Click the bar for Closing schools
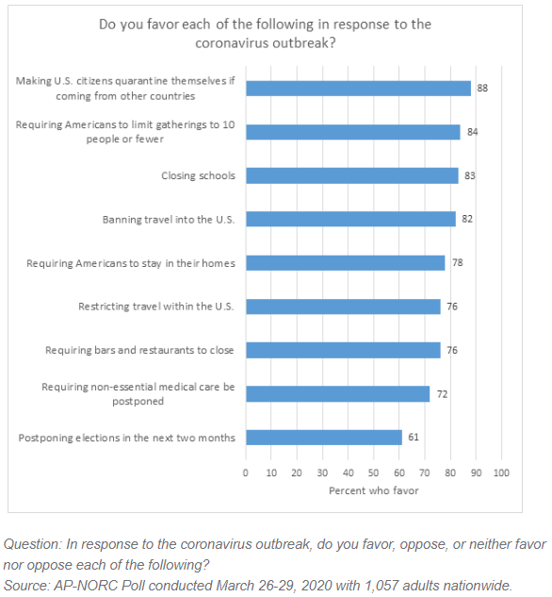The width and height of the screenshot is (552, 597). tap(352, 175)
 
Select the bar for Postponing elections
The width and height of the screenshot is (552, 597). tap(324, 437)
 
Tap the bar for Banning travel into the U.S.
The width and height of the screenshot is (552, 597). tap(351, 219)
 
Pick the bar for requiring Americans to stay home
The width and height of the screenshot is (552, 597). tap(346, 263)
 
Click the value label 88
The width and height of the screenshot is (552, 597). tap(482, 88)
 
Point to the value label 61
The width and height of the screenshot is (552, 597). tap(414, 437)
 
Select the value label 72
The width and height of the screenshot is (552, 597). tap(442, 394)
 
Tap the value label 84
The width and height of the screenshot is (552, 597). tap(472, 132)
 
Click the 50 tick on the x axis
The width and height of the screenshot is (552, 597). tap(373, 473)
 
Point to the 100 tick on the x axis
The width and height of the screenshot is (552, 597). tap(501, 473)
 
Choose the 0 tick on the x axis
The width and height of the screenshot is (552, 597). tap(246, 473)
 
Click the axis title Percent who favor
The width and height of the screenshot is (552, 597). tap(373, 490)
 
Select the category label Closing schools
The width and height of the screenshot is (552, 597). tap(198, 175)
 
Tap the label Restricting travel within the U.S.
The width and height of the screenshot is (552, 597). tap(156, 307)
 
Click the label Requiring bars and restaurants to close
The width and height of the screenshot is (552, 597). tap(139, 350)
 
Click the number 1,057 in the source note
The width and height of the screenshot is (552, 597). tap(382, 585)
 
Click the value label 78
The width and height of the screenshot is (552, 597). tap(458, 263)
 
